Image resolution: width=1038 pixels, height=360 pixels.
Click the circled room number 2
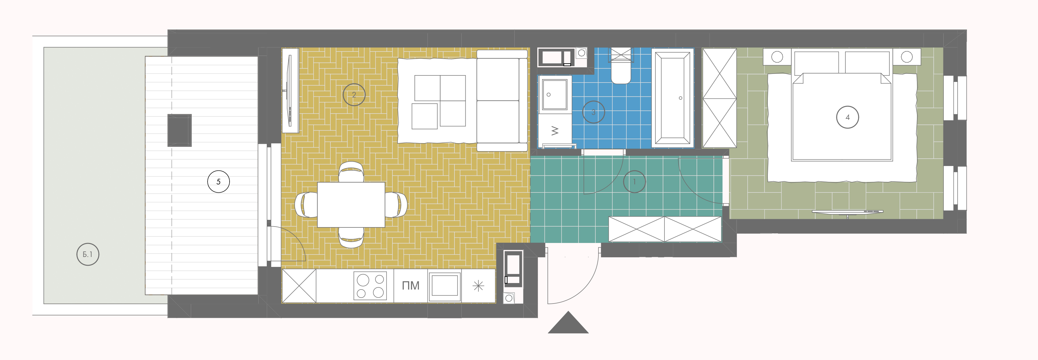point(354,95)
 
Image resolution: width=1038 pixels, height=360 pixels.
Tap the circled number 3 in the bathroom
point(593,112)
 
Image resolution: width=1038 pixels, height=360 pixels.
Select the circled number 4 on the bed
point(848,117)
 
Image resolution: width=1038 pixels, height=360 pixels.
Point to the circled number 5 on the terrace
point(218,182)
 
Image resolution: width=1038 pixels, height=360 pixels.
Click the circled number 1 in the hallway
point(634,182)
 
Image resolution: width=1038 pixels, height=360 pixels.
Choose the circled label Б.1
point(88,254)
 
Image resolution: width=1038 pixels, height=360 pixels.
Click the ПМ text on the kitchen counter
point(411,286)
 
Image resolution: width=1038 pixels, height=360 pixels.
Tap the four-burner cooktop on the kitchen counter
point(370,286)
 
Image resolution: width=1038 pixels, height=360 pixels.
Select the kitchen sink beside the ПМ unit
point(445,286)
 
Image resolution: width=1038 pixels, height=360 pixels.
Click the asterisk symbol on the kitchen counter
point(478,286)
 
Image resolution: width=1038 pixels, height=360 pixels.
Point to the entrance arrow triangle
point(568,322)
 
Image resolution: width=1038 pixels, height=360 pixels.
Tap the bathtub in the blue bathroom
point(673,98)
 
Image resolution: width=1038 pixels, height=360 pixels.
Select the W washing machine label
point(555,131)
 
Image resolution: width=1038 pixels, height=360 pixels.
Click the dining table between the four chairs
point(351,205)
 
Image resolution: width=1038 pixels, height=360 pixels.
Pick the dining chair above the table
point(351,172)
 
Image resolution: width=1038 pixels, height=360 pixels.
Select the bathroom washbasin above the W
point(554,95)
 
